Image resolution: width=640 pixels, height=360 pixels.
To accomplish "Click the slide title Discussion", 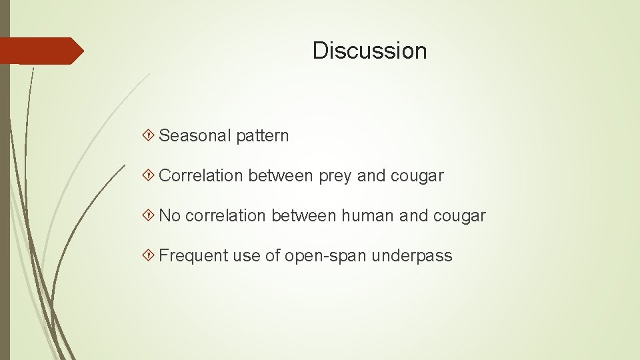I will point(369,51).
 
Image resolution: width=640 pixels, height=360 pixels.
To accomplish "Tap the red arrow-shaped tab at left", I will point(40,51).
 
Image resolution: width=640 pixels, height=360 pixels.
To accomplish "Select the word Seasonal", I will point(194,136).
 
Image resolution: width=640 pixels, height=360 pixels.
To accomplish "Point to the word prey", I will point(335,177).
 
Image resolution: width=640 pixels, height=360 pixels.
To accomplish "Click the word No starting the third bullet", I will point(169,216).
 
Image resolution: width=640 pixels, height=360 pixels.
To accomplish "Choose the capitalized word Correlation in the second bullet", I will point(202,176).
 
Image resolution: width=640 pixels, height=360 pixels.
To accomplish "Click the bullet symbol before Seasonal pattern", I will point(150,136).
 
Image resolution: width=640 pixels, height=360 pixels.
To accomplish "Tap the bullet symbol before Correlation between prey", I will point(150,176).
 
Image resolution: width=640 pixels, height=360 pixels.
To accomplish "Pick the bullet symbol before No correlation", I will point(150,216).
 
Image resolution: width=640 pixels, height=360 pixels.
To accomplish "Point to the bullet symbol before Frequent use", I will point(150,256).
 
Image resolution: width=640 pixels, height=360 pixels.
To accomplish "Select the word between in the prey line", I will point(280,176).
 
